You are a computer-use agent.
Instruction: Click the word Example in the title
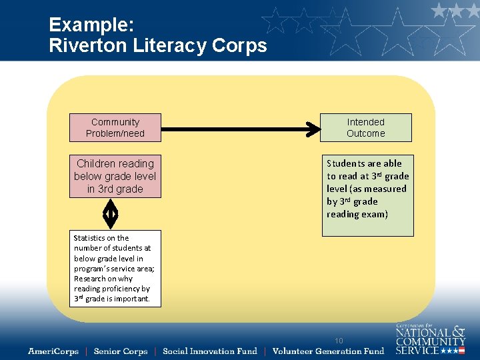(x=91, y=25)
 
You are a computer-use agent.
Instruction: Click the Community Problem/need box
(x=115, y=127)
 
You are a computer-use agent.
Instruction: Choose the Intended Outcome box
(x=365, y=127)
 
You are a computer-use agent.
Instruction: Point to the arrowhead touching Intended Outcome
(x=314, y=127)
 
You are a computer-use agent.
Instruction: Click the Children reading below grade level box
(x=115, y=176)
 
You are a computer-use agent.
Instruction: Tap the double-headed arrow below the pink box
(x=111, y=214)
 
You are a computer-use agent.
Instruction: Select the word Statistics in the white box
(x=91, y=238)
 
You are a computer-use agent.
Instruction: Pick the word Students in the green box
(x=345, y=163)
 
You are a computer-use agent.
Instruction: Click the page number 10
(x=339, y=341)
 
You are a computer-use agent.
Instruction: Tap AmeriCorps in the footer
(x=53, y=351)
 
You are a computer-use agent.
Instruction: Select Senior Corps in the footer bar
(x=121, y=351)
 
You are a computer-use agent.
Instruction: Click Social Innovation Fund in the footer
(x=209, y=351)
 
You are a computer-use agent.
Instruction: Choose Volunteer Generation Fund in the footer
(x=328, y=351)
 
